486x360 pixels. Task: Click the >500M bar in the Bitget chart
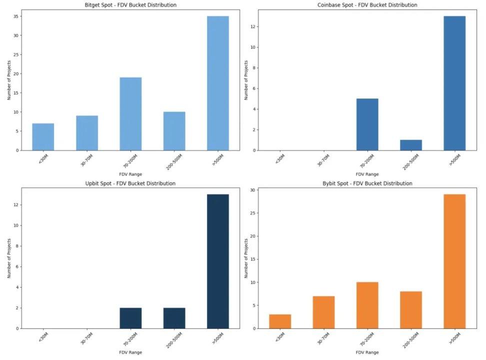click(217, 83)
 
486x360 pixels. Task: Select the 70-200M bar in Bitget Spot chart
click(130, 113)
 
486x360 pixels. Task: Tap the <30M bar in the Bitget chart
click(43, 136)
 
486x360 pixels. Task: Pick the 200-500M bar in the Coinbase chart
click(411, 144)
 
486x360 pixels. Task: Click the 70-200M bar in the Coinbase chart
click(367, 124)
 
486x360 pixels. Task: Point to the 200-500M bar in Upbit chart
click(174, 318)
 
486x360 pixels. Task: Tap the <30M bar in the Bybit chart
click(280, 321)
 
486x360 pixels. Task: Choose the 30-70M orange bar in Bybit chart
click(323, 312)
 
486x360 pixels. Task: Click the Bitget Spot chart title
click(130, 5)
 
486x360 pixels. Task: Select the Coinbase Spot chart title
click(367, 5)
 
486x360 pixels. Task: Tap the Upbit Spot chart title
click(130, 183)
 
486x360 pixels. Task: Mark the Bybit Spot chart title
click(367, 183)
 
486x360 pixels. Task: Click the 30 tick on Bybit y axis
click(253, 190)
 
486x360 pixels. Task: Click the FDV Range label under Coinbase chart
click(367, 174)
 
